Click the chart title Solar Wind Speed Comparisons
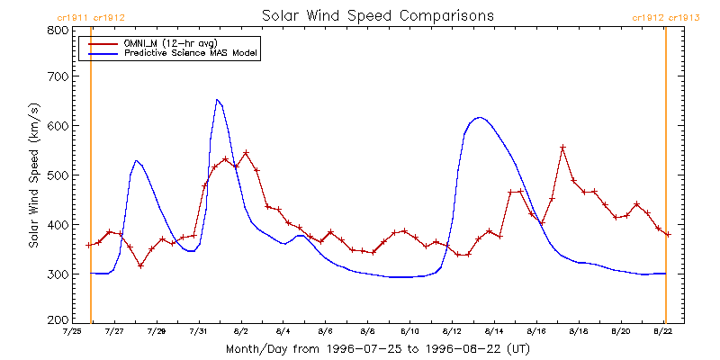click(x=378, y=15)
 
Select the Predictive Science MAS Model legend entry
click(x=175, y=53)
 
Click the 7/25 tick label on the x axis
click(x=72, y=330)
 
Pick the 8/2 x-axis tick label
click(x=241, y=330)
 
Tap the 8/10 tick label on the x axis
click(x=410, y=330)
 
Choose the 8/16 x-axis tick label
click(x=536, y=330)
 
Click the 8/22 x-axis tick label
click(x=663, y=330)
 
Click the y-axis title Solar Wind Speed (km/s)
click(x=34, y=175)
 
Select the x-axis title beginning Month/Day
click(x=378, y=349)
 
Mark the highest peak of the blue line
click(x=217, y=99)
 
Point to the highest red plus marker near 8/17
click(x=563, y=147)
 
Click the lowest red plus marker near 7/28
click(x=141, y=265)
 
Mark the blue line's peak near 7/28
click(x=137, y=160)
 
